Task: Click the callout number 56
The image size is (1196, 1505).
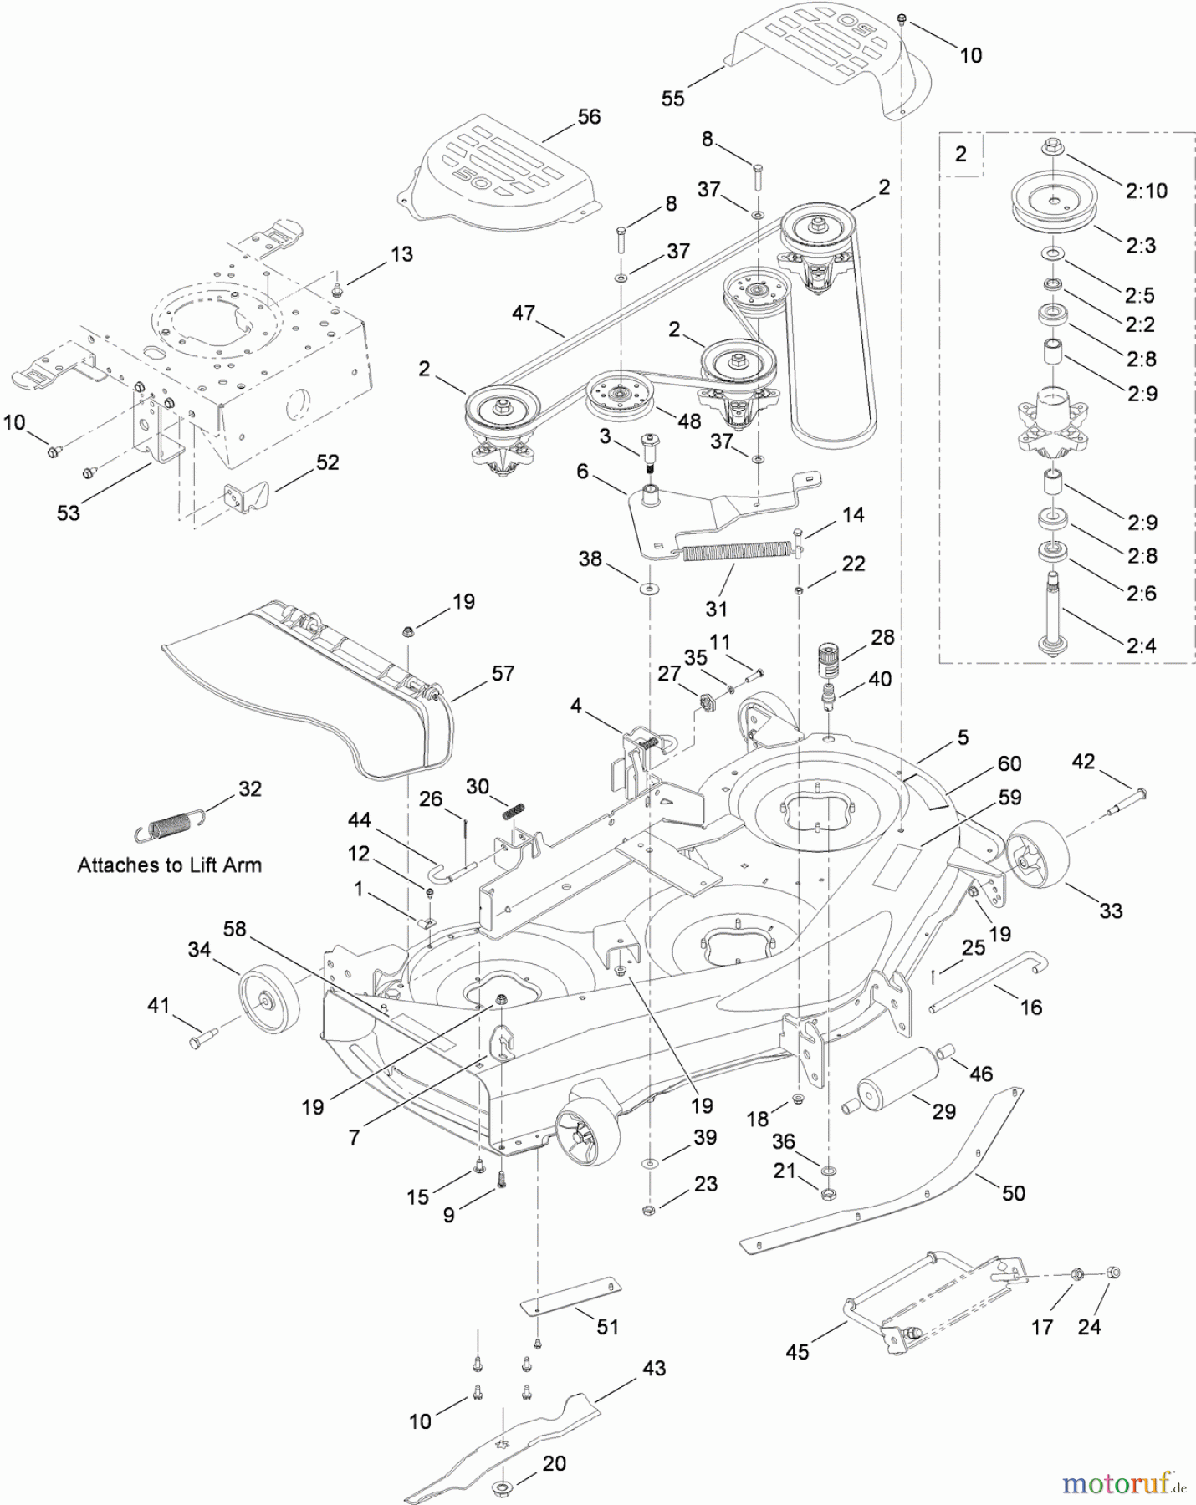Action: (x=589, y=117)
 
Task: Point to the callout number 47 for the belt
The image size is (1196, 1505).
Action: (x=524, y=314)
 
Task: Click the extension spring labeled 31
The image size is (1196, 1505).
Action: (x=736, y=552)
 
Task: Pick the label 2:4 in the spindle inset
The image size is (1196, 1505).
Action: (x=1142, y=645)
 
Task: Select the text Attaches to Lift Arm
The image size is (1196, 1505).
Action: (x=170, y=865)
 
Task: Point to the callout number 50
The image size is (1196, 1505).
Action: (x=1013, y=1193)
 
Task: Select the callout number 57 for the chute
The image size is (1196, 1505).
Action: (x=503, y=673)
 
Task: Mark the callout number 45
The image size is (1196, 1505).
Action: (x=797, y=1352)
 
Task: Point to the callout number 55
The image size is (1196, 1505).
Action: (x=672, y=99)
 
